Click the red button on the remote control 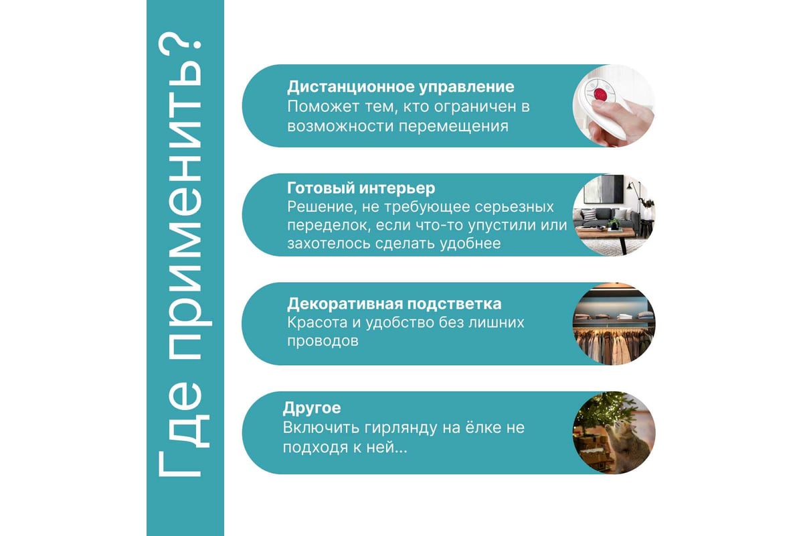(600, 94)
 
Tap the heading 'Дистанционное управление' (400, 87)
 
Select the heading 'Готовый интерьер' (361, 188)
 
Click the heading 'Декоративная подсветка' (394, 304)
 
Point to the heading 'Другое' (312, 408)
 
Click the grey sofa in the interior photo (606, 218)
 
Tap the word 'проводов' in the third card (323, 341)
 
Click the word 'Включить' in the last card (321, 427)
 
